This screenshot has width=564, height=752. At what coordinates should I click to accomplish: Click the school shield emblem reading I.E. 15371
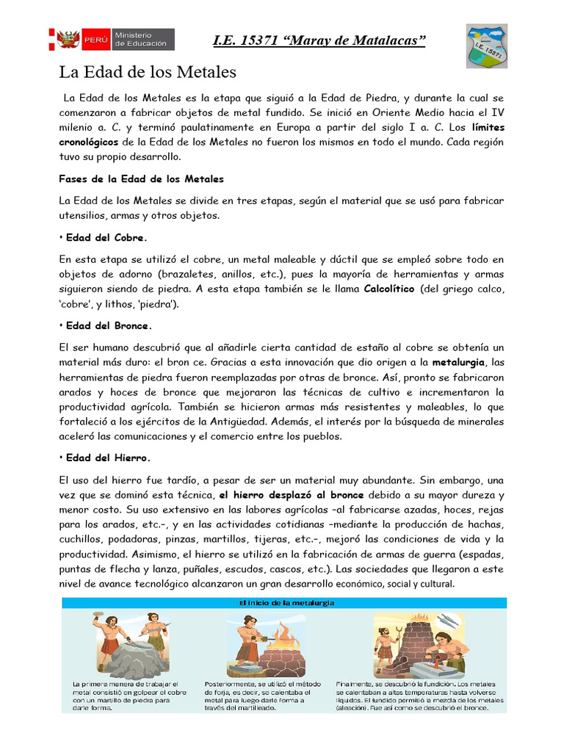pos(486,46)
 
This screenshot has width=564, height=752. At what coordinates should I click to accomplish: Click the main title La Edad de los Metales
pos(147,73)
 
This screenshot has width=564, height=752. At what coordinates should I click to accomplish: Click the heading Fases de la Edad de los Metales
pos(141,178)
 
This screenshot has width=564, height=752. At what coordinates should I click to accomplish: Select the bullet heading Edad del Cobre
pos(106,238)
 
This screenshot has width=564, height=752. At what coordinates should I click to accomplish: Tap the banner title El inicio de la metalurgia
pos(282,603)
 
